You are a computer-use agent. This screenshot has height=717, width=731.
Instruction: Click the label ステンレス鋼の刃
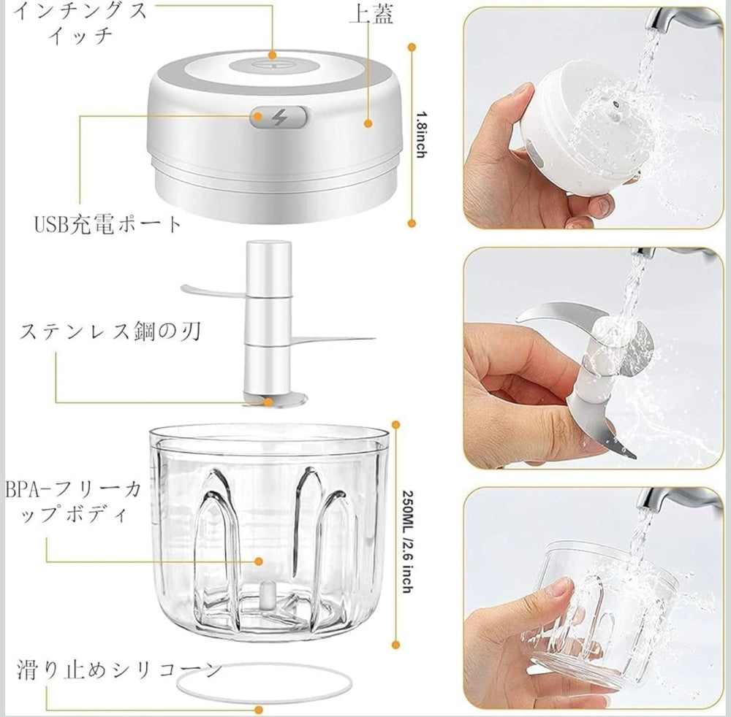(110, 331)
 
